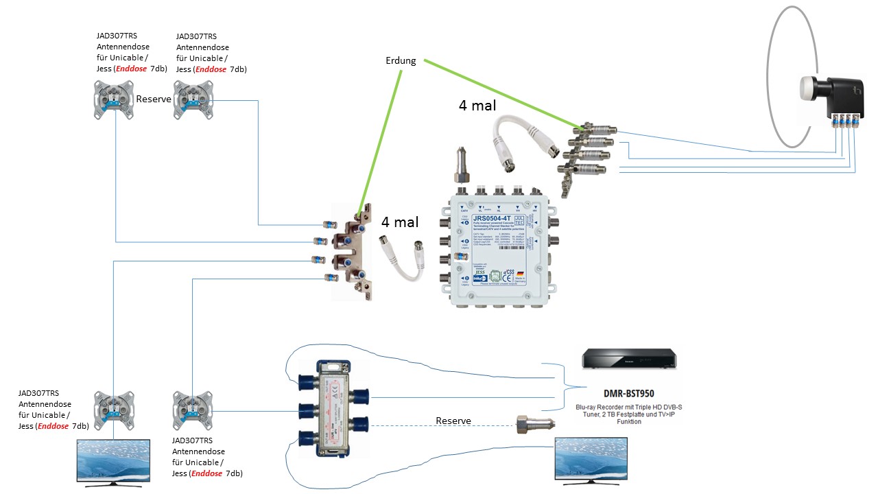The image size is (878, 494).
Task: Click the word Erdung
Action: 401,60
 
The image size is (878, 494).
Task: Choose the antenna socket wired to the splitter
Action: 193,410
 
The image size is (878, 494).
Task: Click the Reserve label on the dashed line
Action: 453,421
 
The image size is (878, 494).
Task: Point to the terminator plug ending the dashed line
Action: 530,423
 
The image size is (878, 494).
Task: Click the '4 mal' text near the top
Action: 477,106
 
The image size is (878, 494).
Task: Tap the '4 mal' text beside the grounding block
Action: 399,222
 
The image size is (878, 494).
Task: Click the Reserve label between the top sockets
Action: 153,99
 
